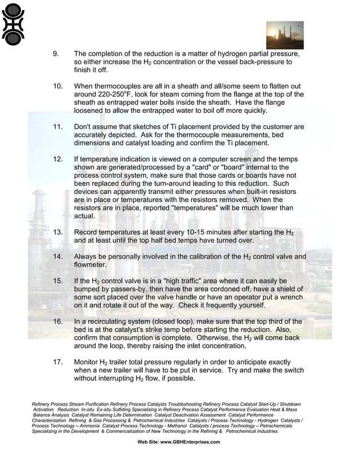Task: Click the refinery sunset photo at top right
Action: [x=284, y=35]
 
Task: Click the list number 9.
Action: [x=56, y=54]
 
